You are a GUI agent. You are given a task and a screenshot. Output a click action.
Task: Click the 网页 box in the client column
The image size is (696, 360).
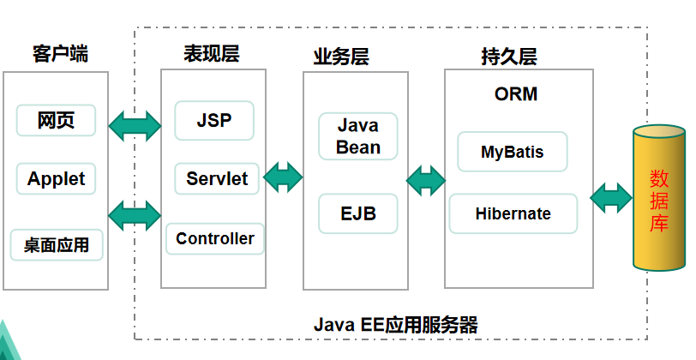(56, 121)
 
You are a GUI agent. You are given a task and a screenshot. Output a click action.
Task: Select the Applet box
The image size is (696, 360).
(56, 179)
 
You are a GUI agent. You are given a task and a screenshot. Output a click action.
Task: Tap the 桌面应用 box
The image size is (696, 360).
(56, 245)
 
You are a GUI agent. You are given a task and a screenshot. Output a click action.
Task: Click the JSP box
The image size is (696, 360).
(214, 121)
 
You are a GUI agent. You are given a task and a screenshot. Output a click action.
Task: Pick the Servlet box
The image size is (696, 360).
(216, 179)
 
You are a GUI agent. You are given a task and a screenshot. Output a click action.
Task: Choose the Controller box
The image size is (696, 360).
(214, 238)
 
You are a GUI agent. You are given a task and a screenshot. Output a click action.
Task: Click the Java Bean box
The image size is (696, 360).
(357, 136)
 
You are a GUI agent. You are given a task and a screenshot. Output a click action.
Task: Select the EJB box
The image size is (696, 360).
(357, 213)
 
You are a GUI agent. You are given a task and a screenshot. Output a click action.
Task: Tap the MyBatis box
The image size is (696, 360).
(512, 153)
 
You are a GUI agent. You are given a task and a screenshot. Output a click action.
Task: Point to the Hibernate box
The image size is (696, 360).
(513, 213)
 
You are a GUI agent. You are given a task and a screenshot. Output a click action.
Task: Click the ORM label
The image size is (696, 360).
(516, 94)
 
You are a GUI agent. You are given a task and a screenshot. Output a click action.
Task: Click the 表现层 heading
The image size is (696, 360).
(212, 54)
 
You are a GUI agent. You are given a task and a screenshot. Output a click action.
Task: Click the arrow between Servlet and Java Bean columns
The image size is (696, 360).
(283, 178)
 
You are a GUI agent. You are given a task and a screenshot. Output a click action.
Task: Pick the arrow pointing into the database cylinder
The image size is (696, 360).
(611, 198)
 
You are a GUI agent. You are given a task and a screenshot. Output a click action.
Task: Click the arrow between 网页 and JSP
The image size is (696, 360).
(135, 125)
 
